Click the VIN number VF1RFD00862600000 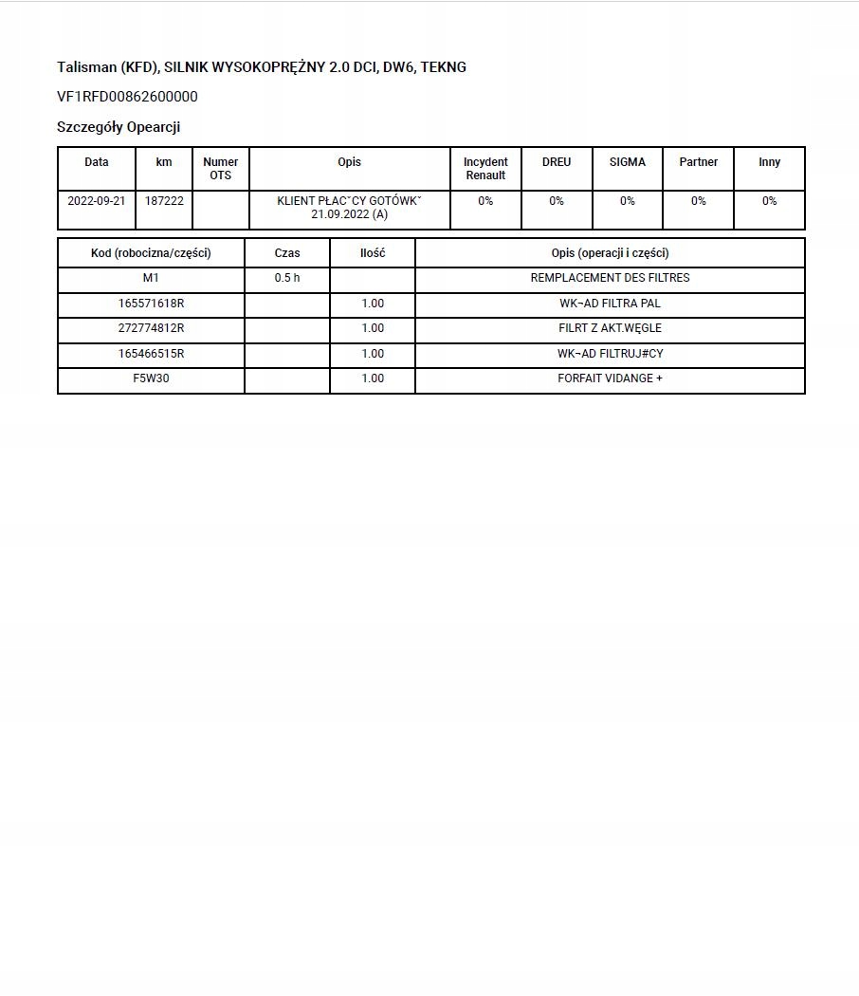[x=127, y=97]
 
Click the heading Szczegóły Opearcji [x=119, y=127]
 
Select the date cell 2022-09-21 [x=97, y=201]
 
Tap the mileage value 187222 [x=164, y=201]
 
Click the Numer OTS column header [x=221, y=169]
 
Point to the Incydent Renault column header [x=485, y=169]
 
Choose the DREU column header [x=557, y=162]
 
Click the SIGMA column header [x=628, y=162]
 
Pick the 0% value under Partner [x=698, y=201]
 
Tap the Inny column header [x=769, y=162]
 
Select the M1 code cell [x=151, y=278]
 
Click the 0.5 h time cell [x=286, y=278]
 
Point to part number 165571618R [x=151, y=304]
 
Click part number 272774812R [x=151, y=328]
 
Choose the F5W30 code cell [x=151, y=378]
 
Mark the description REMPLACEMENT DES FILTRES [x=610, y=278]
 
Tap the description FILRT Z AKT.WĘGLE [x=610, y=328]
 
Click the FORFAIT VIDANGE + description [x=610, y=378]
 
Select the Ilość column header [x=373, y=253]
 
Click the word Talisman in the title [x=86, y=67]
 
